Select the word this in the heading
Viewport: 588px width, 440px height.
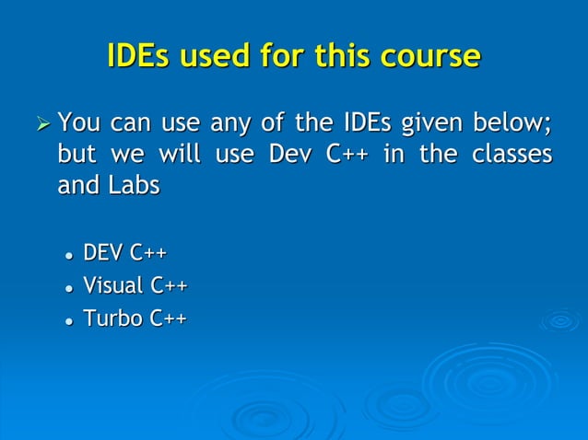[344, 56]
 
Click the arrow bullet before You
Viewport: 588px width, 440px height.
[39, 122]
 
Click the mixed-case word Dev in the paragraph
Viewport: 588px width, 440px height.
[288, 154]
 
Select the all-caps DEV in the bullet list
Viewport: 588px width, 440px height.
[104, 253]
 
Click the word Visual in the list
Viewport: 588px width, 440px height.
[112, 285]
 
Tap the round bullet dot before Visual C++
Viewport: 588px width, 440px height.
[67, 287]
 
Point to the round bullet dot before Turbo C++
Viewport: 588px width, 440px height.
[67, 320]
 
